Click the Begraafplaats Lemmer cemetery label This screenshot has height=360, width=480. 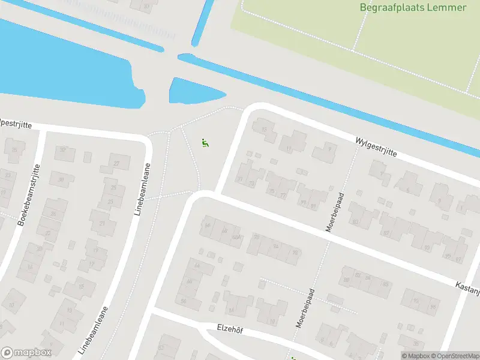tap(413, 8)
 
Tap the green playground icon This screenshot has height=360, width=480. tap(205, 143)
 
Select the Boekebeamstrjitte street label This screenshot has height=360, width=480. tap(29, 194)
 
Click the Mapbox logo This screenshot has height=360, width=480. tap(26, 353)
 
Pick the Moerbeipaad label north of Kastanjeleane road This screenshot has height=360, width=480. tap(334, 212)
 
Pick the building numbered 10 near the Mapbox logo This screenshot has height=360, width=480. tap(12, 305)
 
